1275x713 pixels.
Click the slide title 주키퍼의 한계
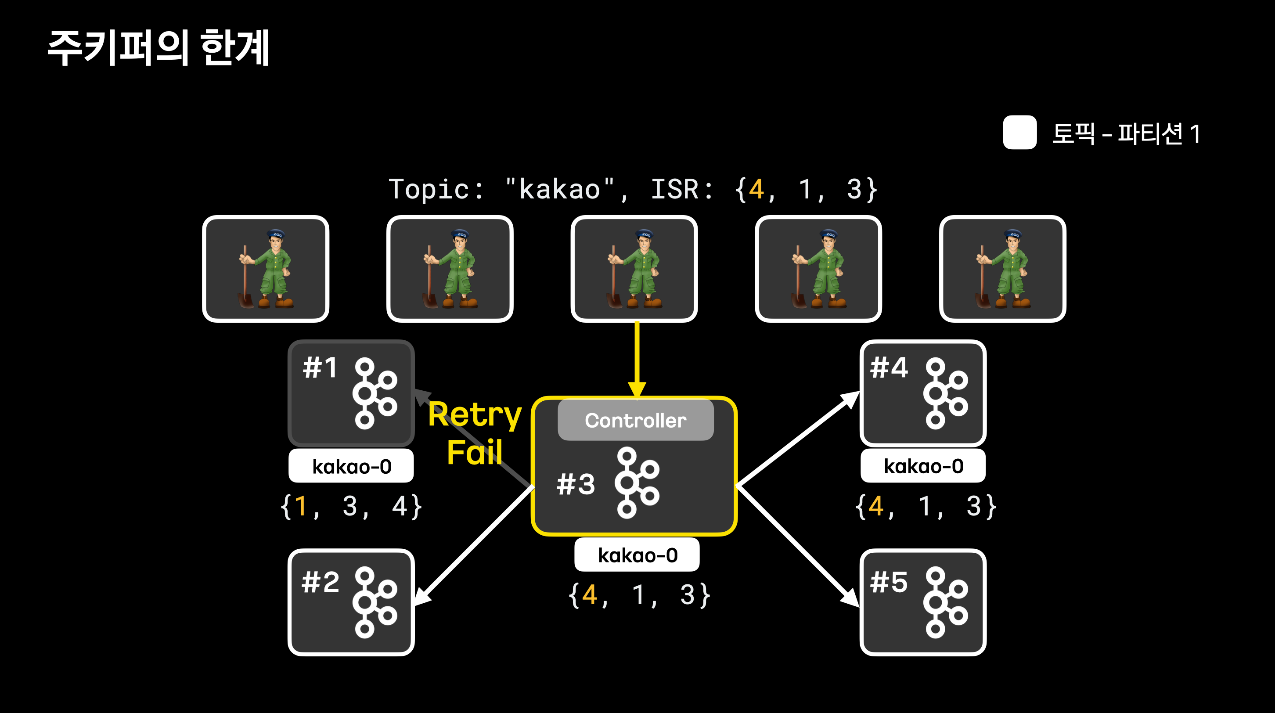(158, 47)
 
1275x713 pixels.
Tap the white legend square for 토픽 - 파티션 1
(1019, 132)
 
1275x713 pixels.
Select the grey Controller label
(635, 420)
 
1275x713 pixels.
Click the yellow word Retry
(475, 414)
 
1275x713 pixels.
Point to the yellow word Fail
(474, 452)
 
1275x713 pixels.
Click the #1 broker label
(320, 367)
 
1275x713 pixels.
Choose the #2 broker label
(320, 582)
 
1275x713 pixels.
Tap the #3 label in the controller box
(575, 484)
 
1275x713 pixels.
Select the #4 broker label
(889, 367)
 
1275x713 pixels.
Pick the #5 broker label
(889, 582)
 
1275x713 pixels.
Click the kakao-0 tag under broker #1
(351, 466)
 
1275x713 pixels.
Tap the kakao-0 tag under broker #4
(923, 466)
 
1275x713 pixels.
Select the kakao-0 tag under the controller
(637, 555)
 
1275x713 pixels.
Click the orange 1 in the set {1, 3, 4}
(300, 506)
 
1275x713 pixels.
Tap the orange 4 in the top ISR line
(756, 190)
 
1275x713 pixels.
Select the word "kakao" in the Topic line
(559, 190)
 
